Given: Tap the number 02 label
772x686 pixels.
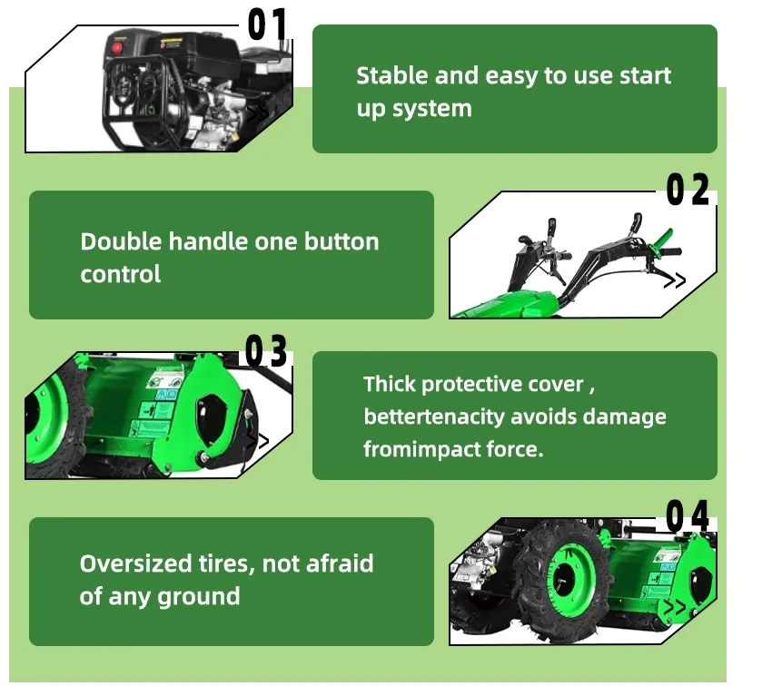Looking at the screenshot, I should pyautogui.click(x=688, y=191).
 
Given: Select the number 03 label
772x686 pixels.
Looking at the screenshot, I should pyautogui.click(x=266, y=351).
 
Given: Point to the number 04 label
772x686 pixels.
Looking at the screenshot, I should pyautogui.click(x=688, y=516).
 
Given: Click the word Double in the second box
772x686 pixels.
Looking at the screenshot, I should pyautogui.click(x=113, y=242).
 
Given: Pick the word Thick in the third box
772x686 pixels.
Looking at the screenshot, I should pyautogui.click(x=388, y=384).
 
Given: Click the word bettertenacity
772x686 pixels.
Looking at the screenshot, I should pyautogui.click(x=434, y=416).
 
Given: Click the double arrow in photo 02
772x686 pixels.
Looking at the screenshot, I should pyautogui.click(x=675, y=281).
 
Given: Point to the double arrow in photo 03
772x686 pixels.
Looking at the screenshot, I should pyautogui.click(x=258, y=442).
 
